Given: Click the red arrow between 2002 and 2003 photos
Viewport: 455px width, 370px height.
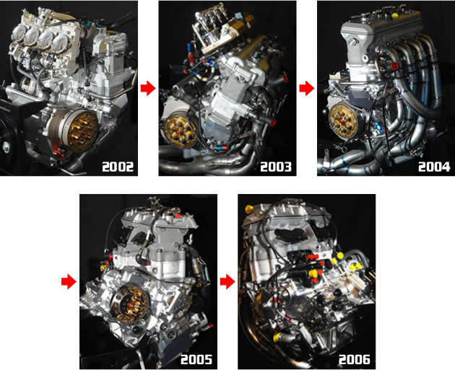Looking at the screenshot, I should coord(147,88).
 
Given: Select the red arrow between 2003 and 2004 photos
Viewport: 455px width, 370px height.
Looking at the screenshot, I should coord(306,88).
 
